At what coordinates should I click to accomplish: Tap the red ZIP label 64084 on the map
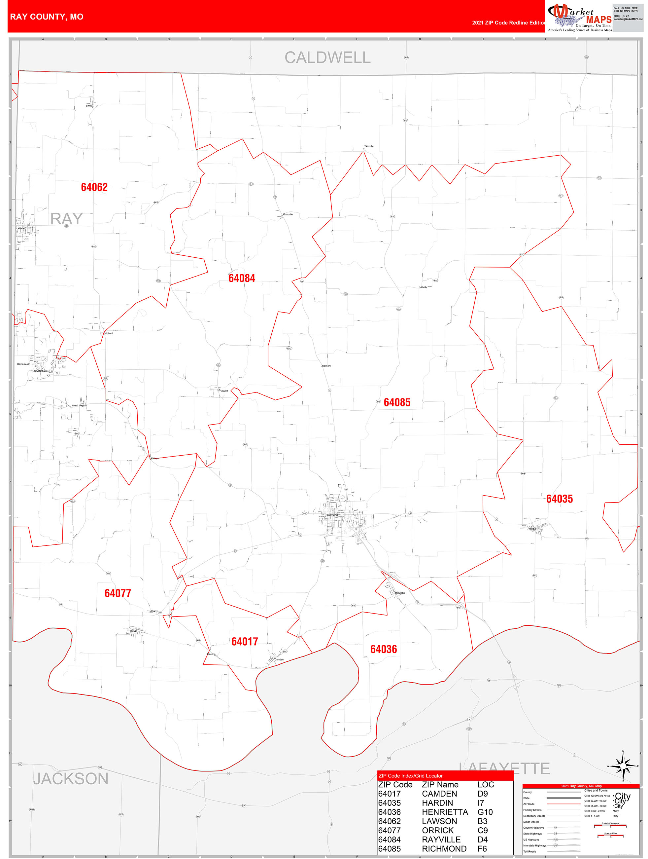(x=241, y=278)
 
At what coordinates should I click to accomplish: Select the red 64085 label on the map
(x=397, y=402)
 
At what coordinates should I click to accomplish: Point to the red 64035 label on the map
(x=559, y=499)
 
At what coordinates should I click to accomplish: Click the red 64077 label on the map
(x=118, y=593)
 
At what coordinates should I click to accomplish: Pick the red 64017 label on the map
(x=245, y=642)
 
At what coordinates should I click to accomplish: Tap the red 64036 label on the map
(x=383, y=649)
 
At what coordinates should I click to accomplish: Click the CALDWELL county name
(x=327, y=57)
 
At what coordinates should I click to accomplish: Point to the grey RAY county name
(x=66, y=219)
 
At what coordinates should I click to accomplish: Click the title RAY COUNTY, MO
(x=47, y=17)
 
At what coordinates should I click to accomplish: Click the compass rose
(x=623, y=766)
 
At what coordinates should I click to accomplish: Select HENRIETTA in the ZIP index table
(x=445, y=812)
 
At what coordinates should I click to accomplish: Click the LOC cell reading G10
(x=485, y=812)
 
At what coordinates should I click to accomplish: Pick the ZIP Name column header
(x=440, y=784)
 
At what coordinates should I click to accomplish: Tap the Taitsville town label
(x=369, y=146)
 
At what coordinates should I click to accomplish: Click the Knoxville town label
(x=288, y=214)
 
